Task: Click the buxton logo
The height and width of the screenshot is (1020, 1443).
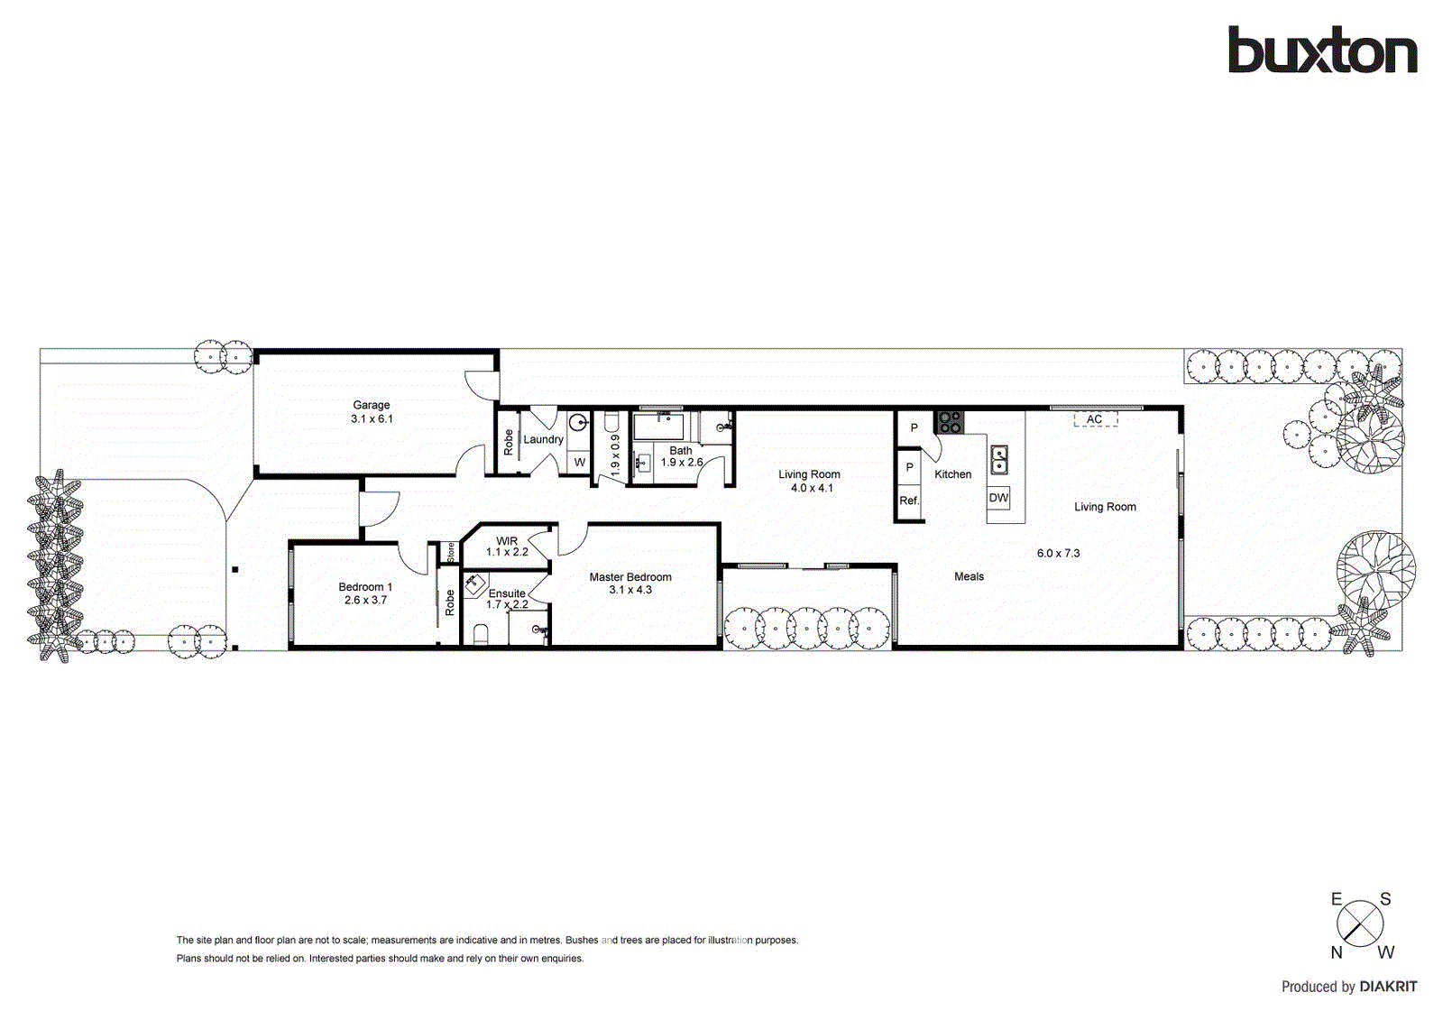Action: click(1322, 51)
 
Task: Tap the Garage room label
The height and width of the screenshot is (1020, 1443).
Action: click(372, 405)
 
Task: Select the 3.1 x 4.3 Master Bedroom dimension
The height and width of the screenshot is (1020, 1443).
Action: click(630, 590)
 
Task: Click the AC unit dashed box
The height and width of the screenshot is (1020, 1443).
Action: click(1095, 419)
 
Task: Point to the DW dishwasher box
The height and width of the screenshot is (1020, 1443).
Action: click(998, 498)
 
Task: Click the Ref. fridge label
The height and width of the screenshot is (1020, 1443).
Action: click(909, 501)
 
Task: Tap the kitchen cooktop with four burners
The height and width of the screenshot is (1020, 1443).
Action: click(949, 422)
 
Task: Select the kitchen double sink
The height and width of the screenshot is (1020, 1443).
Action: click(999, 460)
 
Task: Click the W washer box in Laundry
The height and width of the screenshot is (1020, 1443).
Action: click(579, 462)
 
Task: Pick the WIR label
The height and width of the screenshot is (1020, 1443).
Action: click(507, 541)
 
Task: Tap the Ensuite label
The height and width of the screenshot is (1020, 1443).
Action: click(507, 593)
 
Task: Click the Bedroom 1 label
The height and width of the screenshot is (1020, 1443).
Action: click(365, 587)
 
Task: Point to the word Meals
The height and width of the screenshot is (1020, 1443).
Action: click(970, 576)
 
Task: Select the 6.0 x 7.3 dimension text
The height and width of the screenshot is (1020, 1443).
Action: click(1058, 553)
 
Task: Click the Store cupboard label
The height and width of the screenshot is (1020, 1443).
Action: click(451, 552)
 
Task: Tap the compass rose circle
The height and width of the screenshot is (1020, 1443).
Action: click(1360, 924)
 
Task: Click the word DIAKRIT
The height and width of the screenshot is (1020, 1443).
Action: click(1388, 987)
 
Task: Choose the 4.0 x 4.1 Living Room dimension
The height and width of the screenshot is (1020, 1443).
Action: click(812, 488)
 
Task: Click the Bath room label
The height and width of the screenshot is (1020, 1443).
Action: click(681, 450)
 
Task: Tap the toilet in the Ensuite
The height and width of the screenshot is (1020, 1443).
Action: click(480, 637)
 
